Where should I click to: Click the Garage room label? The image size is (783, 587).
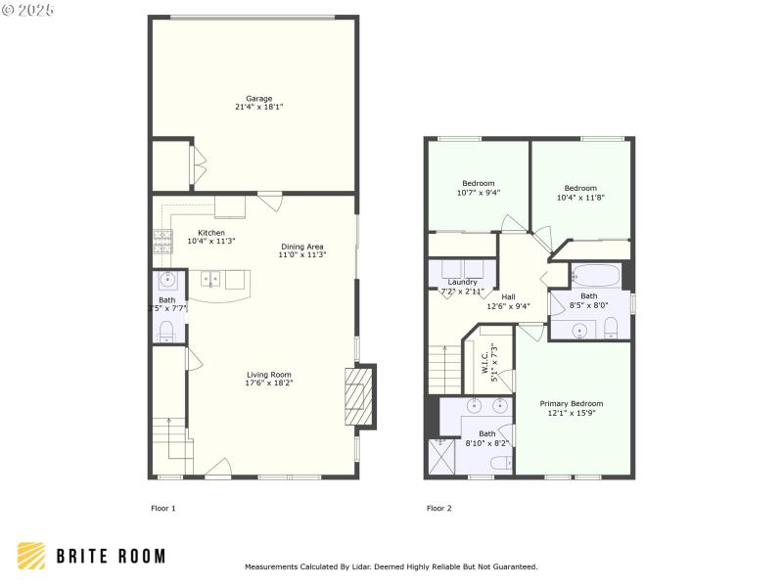point(259,103)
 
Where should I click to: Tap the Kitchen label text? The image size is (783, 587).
point(211,237)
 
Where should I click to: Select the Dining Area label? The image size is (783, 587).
point(301,250)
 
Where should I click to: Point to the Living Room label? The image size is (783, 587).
point(269,379)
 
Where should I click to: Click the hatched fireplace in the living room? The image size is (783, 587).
point(359,396)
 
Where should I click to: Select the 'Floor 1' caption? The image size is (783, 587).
point(162,508)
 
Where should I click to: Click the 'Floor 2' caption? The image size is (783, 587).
point(438,508)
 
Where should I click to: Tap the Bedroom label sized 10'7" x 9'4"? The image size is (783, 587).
point(479,188)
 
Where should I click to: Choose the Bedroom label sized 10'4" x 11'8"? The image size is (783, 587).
point(580,193)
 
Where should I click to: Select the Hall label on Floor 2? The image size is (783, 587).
point(509,301)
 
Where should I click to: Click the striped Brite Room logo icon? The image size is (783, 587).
point(31,556)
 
